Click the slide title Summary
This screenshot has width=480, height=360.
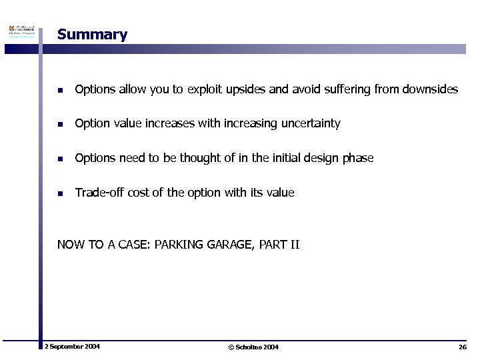coord(92,35)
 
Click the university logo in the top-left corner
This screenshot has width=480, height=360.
coord(21,33)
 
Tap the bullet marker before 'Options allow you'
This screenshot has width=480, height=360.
coord(60,89)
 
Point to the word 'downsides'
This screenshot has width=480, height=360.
coord(432,89)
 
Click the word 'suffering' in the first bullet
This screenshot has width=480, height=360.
coord(348,89)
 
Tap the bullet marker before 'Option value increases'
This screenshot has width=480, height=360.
coord(60,124)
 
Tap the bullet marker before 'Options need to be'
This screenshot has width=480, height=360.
coord(60,159)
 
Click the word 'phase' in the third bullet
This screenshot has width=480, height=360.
coord(357,159)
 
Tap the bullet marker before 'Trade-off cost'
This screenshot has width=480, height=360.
coord(60,193)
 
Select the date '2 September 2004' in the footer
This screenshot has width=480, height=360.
coord(72,347)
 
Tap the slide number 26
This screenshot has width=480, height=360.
coord(462,347)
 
